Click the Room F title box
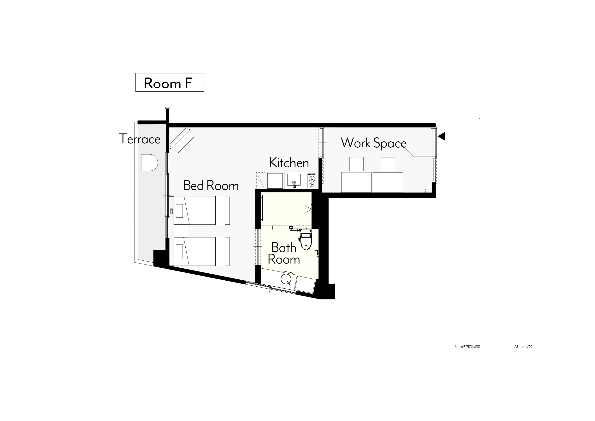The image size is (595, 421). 170,82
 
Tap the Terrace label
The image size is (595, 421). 140,139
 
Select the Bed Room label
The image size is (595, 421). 211,186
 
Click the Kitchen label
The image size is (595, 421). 289,163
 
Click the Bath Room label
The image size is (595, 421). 284,253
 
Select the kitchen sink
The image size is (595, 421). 294,180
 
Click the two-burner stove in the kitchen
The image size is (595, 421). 312,180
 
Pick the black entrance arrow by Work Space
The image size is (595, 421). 441,136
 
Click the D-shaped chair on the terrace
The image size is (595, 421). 149,163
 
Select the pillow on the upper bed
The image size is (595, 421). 179,211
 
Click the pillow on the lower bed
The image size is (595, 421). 179,251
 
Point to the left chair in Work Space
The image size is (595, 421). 356,164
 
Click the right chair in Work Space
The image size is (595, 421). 388,164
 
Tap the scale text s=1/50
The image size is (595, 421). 527,347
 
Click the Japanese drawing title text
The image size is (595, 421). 467,347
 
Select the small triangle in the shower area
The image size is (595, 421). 308,209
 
